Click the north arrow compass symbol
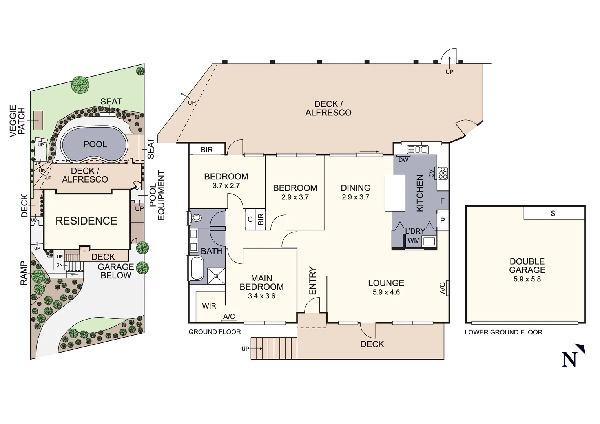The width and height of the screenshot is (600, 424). click(572, 356)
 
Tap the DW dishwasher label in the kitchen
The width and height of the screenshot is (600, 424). click(403, 160)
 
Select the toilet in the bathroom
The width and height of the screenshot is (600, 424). click(195, 217)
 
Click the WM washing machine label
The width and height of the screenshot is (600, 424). click(414, 240)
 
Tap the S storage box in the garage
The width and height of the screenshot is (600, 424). click(553, 213)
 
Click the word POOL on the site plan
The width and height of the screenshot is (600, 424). click(95, 144)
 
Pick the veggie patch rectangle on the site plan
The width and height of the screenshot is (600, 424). click(38, 121)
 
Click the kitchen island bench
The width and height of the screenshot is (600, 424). click(394, 193)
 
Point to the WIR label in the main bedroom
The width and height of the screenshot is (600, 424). click(209, 306)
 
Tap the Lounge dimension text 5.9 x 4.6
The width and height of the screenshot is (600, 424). click(386, 292)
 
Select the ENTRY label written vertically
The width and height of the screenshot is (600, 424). click(312, 281)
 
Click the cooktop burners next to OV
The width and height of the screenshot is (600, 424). click(443, 173)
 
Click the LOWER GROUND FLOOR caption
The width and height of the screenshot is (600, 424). click(503, 332)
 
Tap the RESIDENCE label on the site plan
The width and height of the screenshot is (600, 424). click(86, 221)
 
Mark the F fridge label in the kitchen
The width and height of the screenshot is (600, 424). click(442, 201)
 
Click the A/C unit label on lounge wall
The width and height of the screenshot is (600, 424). click(443, 288)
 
